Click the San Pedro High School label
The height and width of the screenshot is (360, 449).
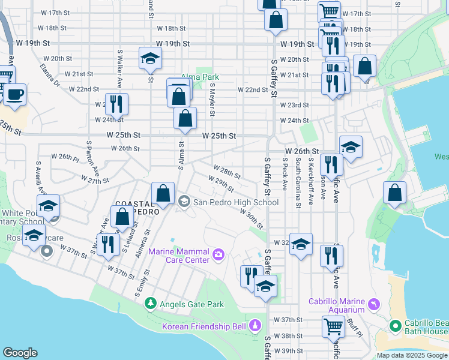(235, 202)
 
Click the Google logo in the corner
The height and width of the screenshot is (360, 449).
(20, 353)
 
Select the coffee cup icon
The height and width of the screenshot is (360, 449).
(15, 94)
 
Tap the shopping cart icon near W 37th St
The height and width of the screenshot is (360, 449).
(333, 326)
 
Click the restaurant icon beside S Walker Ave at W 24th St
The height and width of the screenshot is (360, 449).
(116, 104)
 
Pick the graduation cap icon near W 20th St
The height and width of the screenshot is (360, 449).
(150, 58)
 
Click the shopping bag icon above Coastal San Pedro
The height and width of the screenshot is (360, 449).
(163, 193)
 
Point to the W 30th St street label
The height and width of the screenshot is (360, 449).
(252, 219)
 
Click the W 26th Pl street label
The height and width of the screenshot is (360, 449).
(65, 157)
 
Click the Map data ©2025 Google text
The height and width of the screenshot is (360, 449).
(412, 355)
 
